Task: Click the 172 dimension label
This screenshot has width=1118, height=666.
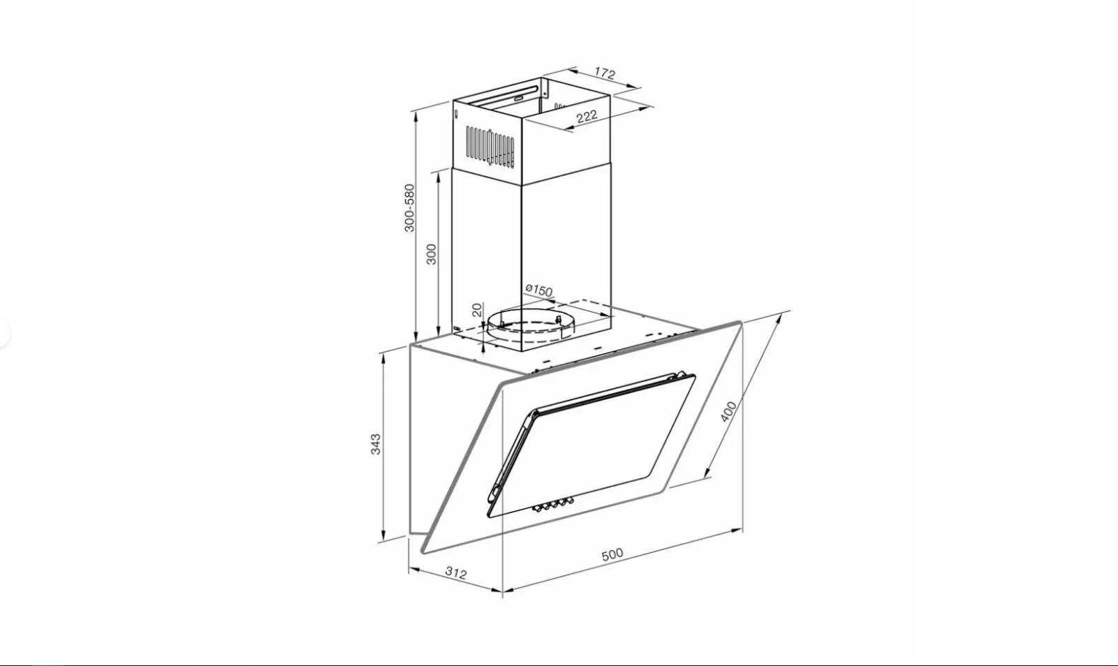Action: (605, 73)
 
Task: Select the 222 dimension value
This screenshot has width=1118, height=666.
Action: (587, 117)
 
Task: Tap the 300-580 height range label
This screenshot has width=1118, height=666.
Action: (409, 208)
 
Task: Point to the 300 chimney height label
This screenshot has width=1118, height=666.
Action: (432, 254)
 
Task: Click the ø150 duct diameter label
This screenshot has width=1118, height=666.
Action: (539, 290)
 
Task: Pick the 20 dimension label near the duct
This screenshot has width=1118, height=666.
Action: (478, 310)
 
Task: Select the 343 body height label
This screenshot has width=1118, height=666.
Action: (376, 444)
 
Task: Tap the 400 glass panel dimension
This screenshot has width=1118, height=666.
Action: (728, 412)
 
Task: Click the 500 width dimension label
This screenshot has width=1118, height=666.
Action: (612, 554)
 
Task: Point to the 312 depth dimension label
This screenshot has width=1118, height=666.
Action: (456, 573)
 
